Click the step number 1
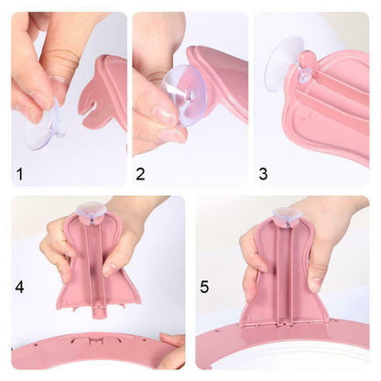coord(20,174)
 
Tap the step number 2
coord(140,174)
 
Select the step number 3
coord(263,174)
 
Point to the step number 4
coord(20,287)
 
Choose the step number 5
coord(204,287)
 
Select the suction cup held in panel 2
coord(184,95)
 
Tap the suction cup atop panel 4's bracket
coord(92,210)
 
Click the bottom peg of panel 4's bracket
coord(97,312)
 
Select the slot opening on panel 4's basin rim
coord(93,341)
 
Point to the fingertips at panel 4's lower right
coord(172,351)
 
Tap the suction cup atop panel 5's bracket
coord(288,214)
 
